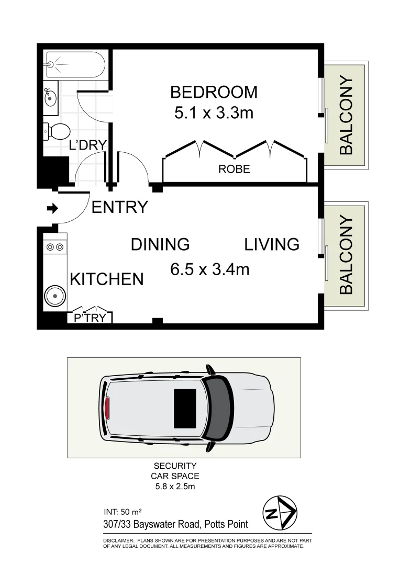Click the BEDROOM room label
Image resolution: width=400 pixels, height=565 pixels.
coord(214,92)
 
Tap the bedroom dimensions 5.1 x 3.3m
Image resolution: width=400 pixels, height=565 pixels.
coord(214,112)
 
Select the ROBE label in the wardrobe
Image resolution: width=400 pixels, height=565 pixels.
coord(234,169)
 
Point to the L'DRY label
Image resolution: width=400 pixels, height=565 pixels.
coord(88,145)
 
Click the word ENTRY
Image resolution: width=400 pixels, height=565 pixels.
coord(120,208)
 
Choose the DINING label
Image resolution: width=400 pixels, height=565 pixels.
coord(160,244)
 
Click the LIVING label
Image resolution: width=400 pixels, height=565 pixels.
coord(272,244)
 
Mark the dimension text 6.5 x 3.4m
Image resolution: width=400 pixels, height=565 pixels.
coord(209,269)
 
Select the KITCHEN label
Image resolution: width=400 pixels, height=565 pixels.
coord(107,279)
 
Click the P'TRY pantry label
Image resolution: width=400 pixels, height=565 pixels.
coord(90,318)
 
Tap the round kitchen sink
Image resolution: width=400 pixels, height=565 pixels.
coord(54,297)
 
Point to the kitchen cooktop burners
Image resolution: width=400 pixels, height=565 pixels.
coord(54,246)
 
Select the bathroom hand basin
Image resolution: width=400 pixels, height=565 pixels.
coord(50,97)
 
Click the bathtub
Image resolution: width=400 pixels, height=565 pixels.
coord(75,64)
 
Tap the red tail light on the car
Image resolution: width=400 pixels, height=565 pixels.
coord(107,408)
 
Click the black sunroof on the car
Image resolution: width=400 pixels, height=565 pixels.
coord(185,408)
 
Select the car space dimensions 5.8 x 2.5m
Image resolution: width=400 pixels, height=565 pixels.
coord(175,486)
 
